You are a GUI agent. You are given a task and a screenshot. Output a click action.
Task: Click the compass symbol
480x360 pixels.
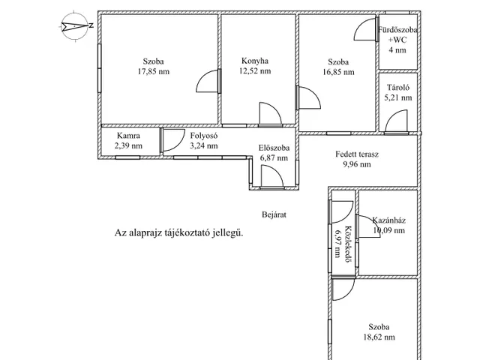(75, 26)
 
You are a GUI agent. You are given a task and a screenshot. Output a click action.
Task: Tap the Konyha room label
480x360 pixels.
(255, 61)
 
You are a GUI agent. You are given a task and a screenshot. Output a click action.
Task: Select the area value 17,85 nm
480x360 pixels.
(153, 72)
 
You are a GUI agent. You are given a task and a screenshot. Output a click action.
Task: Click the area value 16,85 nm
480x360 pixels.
(338, 72)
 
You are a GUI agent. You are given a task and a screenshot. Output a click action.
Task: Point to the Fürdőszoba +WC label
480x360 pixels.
(397, 34)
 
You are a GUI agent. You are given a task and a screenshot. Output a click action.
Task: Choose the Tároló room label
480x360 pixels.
(398, 88)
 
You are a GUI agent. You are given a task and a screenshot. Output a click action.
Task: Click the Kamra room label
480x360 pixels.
(128, 136)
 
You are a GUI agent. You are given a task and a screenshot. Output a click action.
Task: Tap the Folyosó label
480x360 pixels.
(204, 136)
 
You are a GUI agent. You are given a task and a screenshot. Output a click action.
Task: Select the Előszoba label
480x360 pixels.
(274, 148)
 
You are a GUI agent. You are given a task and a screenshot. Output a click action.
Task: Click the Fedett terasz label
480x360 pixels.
(357, 154)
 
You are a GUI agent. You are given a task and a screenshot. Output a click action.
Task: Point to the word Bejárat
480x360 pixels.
(274, 214)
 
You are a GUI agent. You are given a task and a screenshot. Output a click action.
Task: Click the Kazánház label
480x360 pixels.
(388, 220)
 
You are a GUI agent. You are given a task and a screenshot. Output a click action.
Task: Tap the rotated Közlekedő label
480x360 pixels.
(348, 244)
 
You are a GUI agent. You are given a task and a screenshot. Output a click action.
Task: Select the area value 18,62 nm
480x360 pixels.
(379, 337)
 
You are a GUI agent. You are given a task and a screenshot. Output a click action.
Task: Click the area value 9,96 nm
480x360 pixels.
(357, 165)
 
